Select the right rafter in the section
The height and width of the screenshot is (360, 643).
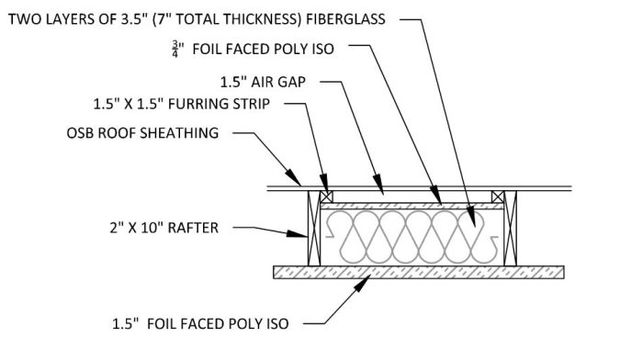click(511, 230)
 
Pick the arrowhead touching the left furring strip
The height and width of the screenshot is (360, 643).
click(323, 187)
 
